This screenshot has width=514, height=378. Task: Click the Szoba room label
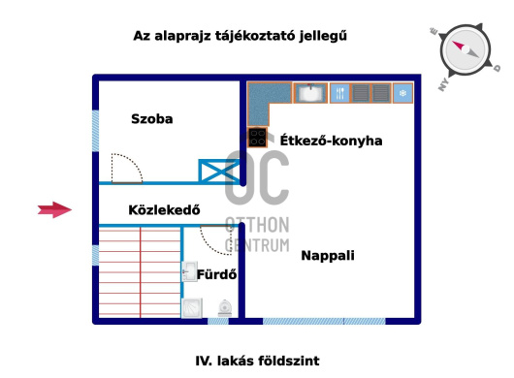(152, 119)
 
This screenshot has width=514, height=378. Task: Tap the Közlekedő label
(164, 209)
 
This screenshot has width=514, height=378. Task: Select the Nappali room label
(327, 256)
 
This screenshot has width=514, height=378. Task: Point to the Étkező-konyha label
(330, 141)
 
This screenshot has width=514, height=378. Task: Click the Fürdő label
(217, 275)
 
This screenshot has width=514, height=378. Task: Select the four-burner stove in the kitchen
(257, 138)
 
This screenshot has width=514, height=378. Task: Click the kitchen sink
(311, 93)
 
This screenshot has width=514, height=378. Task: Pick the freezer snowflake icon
(402, 93)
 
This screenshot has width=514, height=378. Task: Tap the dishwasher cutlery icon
(340, 93)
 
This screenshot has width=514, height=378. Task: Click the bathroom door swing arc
(216, 236)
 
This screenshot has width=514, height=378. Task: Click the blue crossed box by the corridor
(218, 173)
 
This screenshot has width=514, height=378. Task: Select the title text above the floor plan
(240, 36)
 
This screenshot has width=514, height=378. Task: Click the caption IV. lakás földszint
(257, 361)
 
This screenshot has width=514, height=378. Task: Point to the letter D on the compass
(497, 70)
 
